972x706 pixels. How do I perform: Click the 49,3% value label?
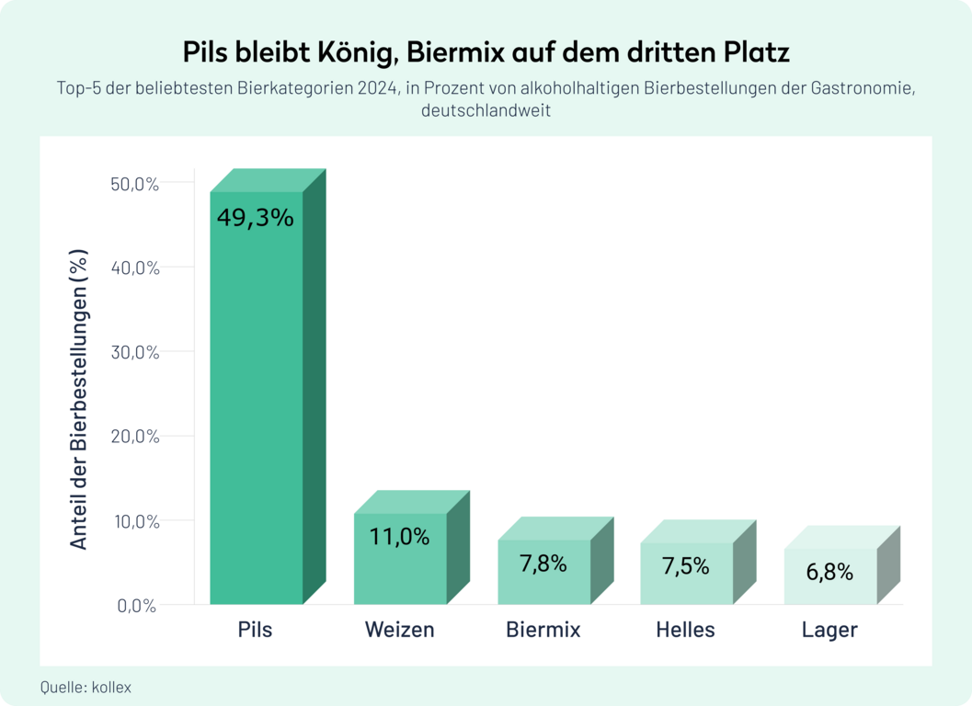click(x=256, y=218)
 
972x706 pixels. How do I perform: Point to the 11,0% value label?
click(x=399, y=537)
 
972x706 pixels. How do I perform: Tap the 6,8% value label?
click(x=829, y=572)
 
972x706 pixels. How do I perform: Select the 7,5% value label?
click(x=686, y=566)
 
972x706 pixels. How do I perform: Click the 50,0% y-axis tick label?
click(x=135, y=184)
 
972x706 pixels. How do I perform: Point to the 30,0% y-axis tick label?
click(x=135, y=352)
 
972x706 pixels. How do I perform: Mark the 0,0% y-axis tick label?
click(x=137, y=606)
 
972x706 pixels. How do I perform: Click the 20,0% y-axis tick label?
click(x=135, y=437)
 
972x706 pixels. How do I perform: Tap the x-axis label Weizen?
click(x=399, y=630)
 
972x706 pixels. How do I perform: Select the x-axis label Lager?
click(x=829, y=630)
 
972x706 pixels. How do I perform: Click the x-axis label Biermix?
click(x=543, y=630)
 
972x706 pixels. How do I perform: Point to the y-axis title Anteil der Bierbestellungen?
click(x=79, y=399)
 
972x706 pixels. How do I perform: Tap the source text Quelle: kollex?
click(x=86, y=687)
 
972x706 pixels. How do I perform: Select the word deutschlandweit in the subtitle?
click(x=486, y=111)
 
